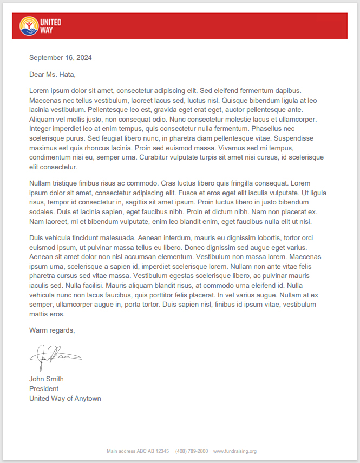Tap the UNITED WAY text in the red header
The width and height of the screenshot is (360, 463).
50,26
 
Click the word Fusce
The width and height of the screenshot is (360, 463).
207,193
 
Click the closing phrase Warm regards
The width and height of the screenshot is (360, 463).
52,330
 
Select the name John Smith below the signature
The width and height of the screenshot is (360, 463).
47,379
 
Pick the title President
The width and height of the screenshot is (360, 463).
44,389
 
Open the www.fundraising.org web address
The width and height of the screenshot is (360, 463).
234,451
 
